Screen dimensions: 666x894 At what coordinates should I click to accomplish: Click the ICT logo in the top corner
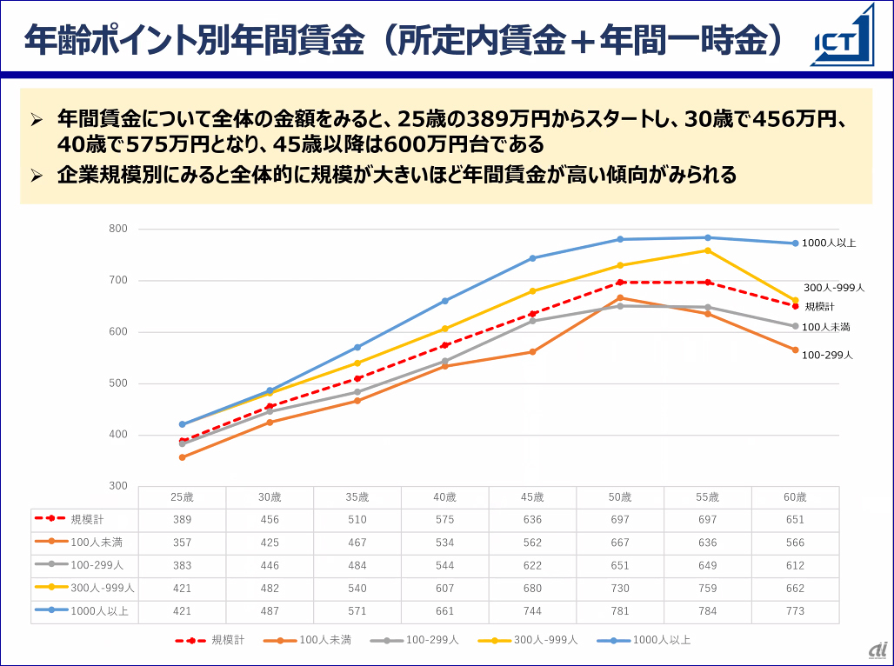842,37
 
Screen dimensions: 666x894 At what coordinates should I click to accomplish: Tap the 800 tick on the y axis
117,230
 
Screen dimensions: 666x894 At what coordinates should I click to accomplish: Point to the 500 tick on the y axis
117,383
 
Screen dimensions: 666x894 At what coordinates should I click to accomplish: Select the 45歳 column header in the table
532,497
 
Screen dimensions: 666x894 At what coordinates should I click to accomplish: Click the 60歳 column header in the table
795,497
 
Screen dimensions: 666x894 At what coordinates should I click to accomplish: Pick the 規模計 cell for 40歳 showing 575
444,520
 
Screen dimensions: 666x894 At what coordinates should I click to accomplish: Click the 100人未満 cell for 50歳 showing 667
620,543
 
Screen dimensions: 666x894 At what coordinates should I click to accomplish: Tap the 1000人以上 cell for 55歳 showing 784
708,611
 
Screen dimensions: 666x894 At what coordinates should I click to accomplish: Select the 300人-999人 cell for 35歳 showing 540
357,589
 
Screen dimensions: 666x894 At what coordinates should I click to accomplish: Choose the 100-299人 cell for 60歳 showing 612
795,565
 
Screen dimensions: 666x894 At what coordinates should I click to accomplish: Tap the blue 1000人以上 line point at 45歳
532,258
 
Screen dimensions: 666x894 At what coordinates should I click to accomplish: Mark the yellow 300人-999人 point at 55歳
708,250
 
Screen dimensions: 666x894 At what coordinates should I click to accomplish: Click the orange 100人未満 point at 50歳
620,298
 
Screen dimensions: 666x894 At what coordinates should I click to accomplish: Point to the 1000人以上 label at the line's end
829,243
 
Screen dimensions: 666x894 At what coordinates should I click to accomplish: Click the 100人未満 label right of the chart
825,327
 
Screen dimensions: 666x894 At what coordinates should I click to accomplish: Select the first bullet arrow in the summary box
37,117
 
